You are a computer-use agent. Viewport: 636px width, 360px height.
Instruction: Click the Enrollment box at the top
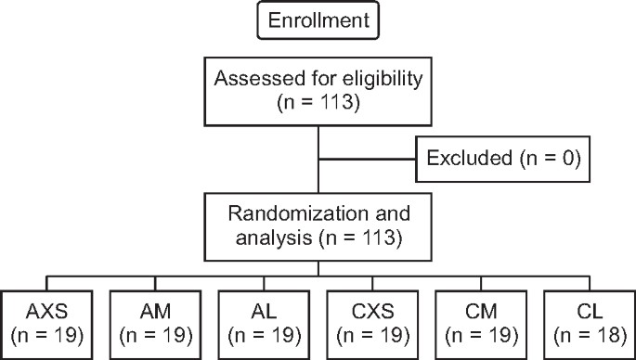318,21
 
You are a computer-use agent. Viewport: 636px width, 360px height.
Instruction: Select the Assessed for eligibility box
318,91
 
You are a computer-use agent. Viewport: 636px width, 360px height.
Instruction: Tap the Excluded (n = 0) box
502,161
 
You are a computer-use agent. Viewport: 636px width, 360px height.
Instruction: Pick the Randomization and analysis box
318,228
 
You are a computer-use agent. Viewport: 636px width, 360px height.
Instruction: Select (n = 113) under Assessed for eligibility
318,103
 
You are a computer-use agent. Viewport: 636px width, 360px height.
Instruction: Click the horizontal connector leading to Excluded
367,161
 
